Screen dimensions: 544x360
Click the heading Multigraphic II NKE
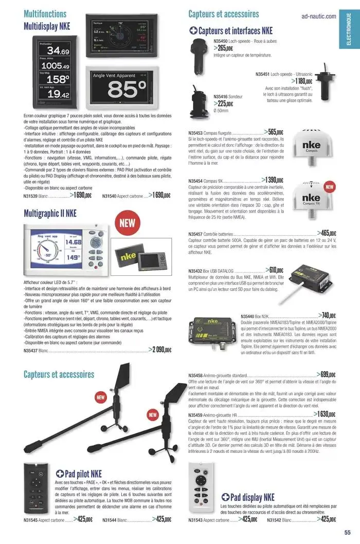(50, 213)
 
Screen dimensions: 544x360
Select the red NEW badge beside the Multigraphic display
(127, 223)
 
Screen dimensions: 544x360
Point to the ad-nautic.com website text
(319, 16)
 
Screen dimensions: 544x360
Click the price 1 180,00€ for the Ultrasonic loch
(302, 81)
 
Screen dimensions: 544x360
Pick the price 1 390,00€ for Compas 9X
(273, 180)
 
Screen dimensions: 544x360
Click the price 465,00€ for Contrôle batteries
(327, 233)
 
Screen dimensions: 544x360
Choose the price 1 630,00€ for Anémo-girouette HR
(325, 413)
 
